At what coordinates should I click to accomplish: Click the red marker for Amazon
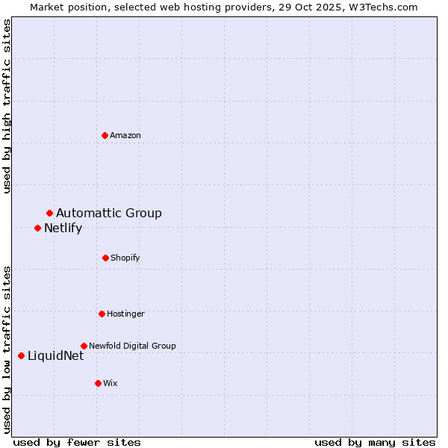(x=105, y=135)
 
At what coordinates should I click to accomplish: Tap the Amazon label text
(x=125, y=135)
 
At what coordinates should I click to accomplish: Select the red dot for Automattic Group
(x=49, y=214)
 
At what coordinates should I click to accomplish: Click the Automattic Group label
(x=109, y=214)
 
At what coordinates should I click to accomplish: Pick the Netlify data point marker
(x=37, y=228)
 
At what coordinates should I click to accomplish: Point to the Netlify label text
(x=63, y=228)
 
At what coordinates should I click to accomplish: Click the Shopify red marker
(x=105, y=258)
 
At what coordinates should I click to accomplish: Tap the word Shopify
(x=125, y=258)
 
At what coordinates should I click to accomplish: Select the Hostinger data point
(x=102, y=314)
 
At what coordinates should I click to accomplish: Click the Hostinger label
(x=125, y=314)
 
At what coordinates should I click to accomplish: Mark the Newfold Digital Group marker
(x=84, y=346)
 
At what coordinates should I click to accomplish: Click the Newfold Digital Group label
(x=132, y=346)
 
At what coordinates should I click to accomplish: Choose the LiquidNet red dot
(x=21, y=355)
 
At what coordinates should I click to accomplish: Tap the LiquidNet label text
(x=55, y=355)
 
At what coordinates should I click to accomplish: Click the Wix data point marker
(x=98, y=383)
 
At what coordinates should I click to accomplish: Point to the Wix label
(x=111, y=383)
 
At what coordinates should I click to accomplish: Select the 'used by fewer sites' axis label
(x=77, y=442)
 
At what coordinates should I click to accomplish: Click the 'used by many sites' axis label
(x=375, y=442)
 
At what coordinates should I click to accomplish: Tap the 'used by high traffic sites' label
(x=7, y=106)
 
